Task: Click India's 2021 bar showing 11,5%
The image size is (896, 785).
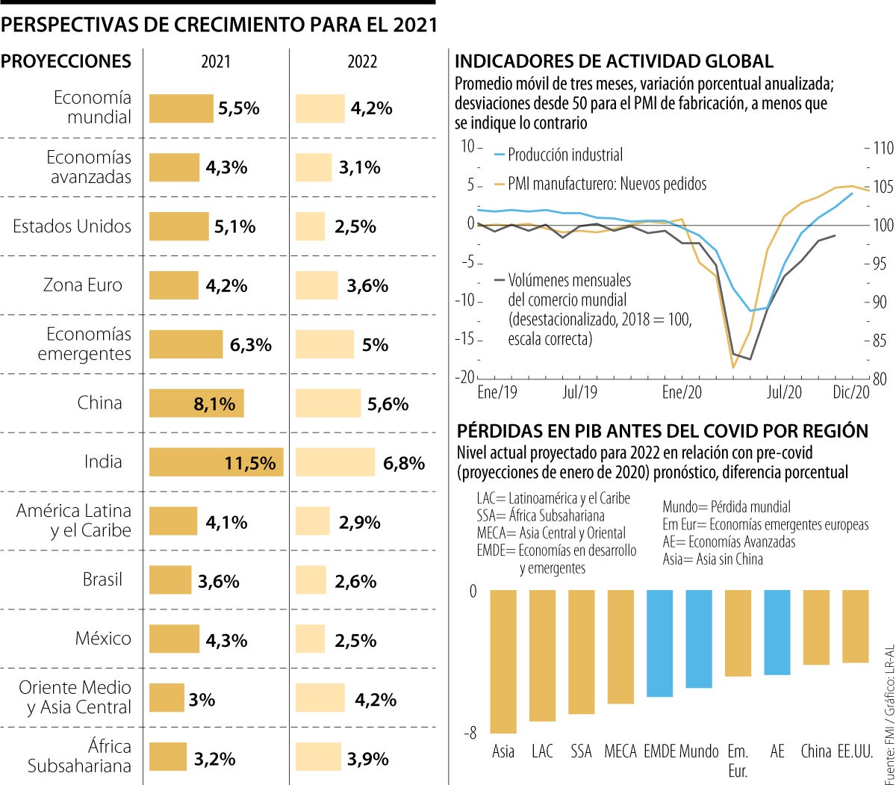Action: pyautogui.click(x=216, y=462)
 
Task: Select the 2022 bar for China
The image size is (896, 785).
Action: pyautogui.click(x=328, y=403)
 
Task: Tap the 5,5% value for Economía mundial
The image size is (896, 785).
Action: pyautogui.click(x=239, y=108)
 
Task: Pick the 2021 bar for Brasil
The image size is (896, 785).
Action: pyautogui.click(x=170, y=580)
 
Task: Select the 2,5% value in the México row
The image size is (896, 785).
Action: pyautogui.click(x=355, y=639)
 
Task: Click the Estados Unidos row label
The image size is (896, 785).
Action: pyautogui.click(x=72, y=226)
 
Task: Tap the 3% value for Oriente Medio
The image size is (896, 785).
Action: pyautogui.click(x=202, y=700)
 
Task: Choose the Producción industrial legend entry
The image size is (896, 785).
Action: pyautogui.click(x=565, y=155)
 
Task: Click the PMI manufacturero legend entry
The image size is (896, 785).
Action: pyautogui.click(x=606, y=183)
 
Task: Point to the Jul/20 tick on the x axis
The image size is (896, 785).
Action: pyautogui.click(x=785, y=391)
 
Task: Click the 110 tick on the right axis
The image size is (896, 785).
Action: pyautogui.click(x=883, y=148)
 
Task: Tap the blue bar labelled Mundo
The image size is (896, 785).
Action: pyautogui.click(x=699, y=639)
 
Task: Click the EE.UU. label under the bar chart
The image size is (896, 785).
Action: pyautogui.click(x=855, y=751)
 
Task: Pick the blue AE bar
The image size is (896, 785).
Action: pyautogui.click(x=777, y=632)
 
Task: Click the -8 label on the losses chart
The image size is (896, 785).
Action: pyautogui.click(x=470, y=734)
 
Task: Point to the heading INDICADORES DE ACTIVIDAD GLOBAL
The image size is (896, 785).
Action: pyautogui.click(x=614, y=61)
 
